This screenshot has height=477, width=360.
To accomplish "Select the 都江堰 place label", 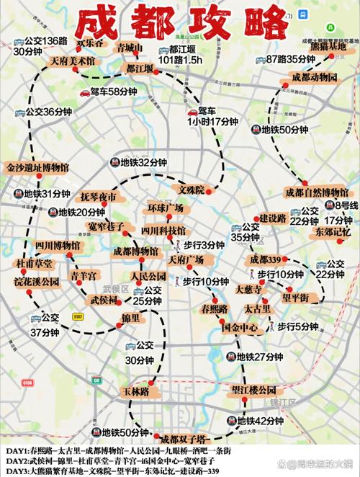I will (x=139, y=69).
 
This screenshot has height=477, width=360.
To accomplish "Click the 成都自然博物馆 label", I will (x=317, y=192).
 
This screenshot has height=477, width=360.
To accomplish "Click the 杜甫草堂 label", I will (x=35, y=264).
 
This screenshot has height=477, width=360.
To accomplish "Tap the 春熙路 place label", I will (x=214, y=308).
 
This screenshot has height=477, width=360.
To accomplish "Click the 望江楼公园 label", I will (x=253, y=390).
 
